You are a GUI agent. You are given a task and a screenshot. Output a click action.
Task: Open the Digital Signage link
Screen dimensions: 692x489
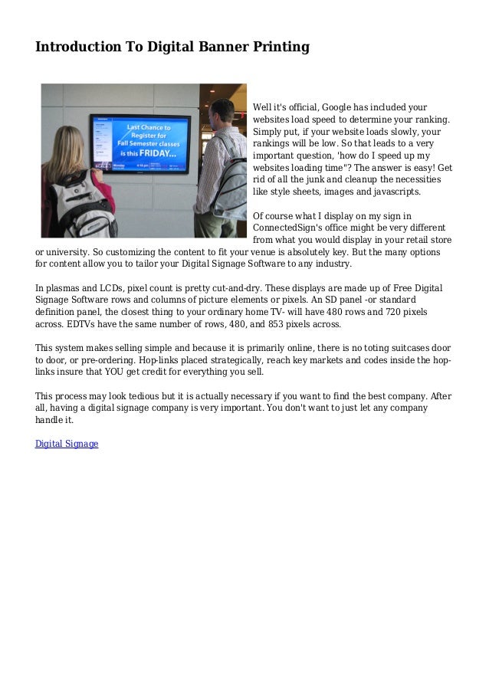67,444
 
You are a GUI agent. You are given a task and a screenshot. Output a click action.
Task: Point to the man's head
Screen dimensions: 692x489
222,114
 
